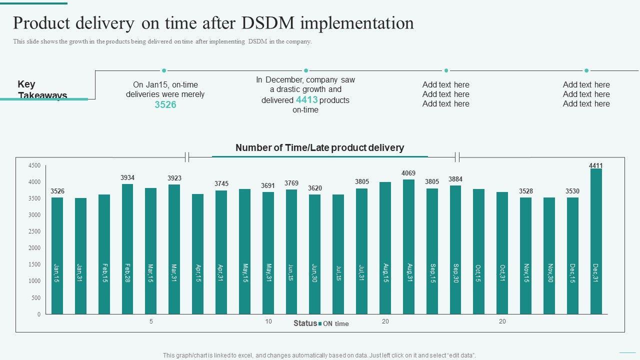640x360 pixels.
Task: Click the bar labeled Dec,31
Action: click(x=595, y=241)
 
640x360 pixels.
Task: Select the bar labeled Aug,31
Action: click(x=408, y=246)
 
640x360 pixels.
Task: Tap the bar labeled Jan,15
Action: click(x=57, y=255)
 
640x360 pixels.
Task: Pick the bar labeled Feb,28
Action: click(x=127, y=249)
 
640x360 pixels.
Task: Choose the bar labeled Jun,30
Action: click(x=314, y=254)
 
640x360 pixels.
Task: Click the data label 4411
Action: click(x=595, y=165)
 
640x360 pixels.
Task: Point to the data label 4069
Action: click(x=408, y=173)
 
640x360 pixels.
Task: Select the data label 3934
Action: click(x=127, y=177)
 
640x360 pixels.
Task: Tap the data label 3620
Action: click(x=314, y=188)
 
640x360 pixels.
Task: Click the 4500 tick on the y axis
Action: click(x=34, y=165)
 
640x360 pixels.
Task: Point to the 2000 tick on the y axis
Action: click(x=34, y=248)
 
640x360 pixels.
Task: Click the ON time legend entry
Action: click(x=335, y=323)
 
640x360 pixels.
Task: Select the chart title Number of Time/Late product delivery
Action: click(x=319, y=147)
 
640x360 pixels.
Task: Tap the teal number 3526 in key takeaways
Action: click(x=165, y=104)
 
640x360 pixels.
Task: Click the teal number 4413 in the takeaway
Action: click(x=306, y=99)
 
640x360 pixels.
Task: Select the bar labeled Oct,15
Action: click(x=478, y=251)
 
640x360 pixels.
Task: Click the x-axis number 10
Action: click(x=268, y=321)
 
